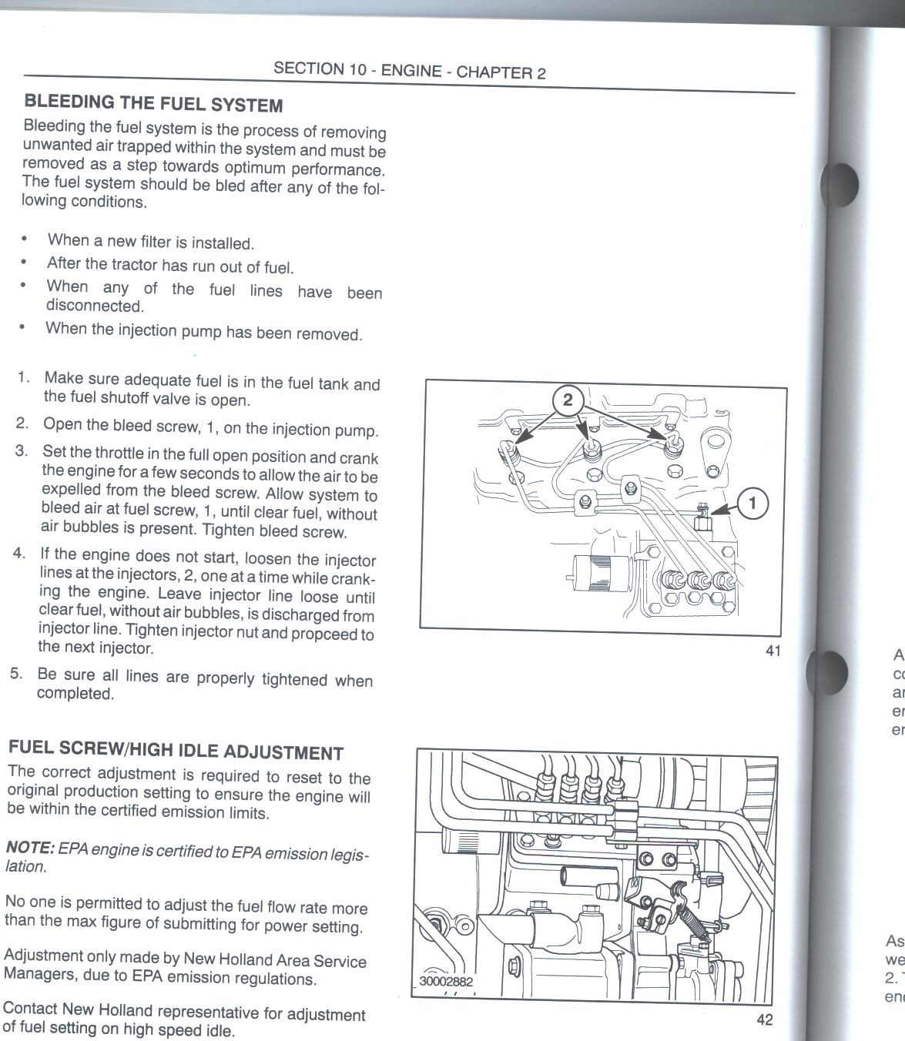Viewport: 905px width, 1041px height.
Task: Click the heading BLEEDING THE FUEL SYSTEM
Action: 153,103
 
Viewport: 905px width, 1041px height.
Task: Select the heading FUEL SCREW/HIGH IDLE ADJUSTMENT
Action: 176,750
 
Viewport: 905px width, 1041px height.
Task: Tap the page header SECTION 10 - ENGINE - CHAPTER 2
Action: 410,70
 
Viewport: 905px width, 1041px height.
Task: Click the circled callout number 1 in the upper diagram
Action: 752,504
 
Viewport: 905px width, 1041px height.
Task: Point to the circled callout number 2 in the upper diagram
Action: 568,400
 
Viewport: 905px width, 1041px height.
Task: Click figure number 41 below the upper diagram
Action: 773,651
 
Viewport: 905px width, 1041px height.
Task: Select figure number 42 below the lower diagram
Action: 765,1019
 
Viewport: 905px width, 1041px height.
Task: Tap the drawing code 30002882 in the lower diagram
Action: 446,982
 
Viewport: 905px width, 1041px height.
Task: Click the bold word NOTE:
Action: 30,848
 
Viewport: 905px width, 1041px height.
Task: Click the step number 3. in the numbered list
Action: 22,450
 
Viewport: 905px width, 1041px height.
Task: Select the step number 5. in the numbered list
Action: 16,674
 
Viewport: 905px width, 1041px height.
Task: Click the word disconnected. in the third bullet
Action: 96,306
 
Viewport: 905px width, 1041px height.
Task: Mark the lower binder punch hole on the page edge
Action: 830,673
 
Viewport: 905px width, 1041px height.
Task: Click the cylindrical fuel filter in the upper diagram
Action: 602,572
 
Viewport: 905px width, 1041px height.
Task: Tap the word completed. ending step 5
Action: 75,694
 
